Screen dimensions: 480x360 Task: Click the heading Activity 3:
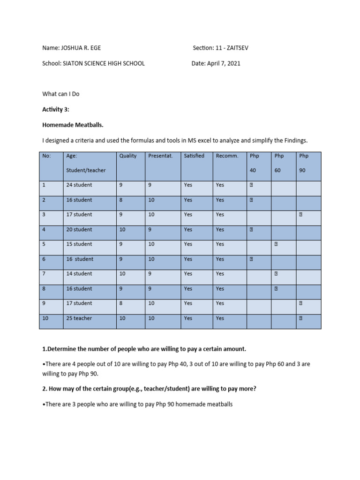55,109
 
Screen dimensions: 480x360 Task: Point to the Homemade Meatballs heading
70,124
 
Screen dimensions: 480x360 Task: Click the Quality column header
128,156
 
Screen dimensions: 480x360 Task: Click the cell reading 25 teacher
79,318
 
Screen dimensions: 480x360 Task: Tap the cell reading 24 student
79,185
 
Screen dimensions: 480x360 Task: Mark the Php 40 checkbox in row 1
251,185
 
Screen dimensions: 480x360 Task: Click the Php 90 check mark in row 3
300,215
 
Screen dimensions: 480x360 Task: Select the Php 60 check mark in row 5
276,244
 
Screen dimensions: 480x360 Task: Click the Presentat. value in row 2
151,200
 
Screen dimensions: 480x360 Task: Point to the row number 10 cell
45,318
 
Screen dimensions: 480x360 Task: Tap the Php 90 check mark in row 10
300,318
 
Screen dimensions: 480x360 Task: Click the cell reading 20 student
79,230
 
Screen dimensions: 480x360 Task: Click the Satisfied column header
194,156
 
